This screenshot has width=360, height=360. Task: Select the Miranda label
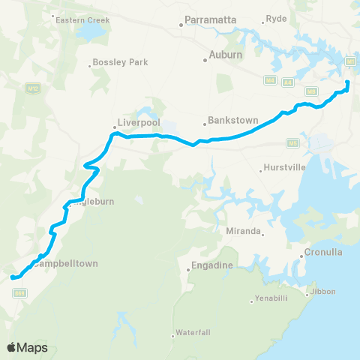[244, 232]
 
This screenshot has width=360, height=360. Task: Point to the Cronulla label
[324, 252]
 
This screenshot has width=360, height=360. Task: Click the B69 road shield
[19, 293]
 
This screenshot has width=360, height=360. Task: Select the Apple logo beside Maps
[12, 347]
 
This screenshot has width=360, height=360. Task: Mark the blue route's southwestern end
[12, 278]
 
